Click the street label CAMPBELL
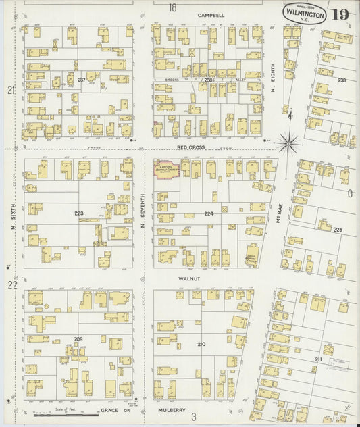coord(211,14)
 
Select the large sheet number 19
coord(340,14)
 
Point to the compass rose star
coord(288,142)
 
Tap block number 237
coord(81,80)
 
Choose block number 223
coord(79,213)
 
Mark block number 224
coord(209,214)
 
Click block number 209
coord(78,338)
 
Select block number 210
coord(201,345)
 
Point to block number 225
coord(337,230)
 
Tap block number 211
coord(317,359)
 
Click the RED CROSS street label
coord(190,147)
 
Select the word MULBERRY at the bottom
coord(171,409)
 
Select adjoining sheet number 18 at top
coord(172,7)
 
